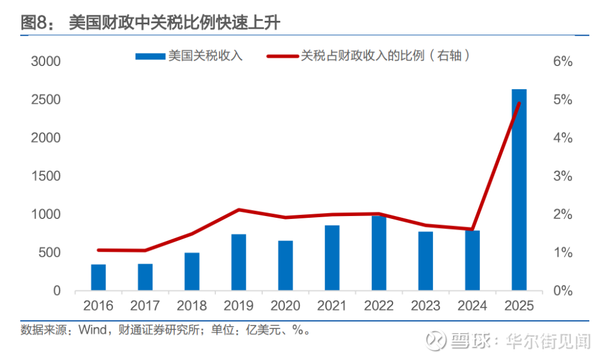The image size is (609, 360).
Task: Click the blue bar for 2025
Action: coord(519,190)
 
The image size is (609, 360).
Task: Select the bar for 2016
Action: coord(98,277)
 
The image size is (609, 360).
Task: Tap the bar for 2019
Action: coord(238,262)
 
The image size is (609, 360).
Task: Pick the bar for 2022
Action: coord(379,253)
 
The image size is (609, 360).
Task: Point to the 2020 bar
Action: coord(285,265)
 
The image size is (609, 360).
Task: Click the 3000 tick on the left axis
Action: coord(46,62)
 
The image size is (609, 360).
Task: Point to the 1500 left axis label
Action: coord(46,176)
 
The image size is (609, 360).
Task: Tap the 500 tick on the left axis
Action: coord(50,253)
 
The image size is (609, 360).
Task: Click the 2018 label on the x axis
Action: coord(192,306)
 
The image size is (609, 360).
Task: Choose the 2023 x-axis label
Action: coord(426,306)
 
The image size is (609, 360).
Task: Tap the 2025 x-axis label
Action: coord(519,306)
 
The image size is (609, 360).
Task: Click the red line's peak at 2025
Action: coord(519,104)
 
